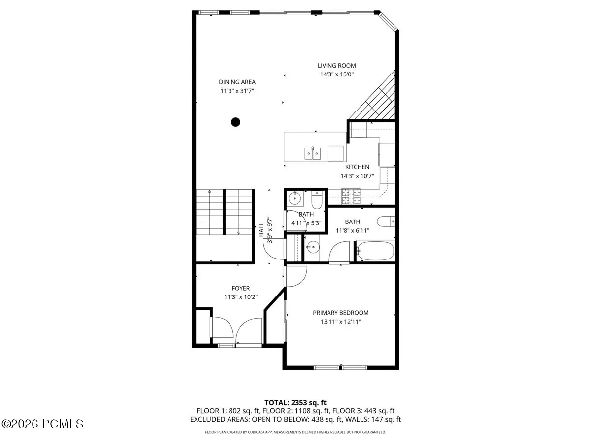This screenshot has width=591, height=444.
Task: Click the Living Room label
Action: tap(336, 66)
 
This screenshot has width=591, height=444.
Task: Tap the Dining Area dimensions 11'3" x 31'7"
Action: tap(237, 91)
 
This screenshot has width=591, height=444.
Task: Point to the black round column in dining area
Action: tap(235, 122)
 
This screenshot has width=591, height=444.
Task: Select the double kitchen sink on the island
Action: tap(313, 153)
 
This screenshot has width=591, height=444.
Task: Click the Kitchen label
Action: tap(357, 167)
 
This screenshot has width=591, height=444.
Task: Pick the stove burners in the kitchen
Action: tap(351, 196)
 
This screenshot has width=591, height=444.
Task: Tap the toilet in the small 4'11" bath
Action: tap(317, 200)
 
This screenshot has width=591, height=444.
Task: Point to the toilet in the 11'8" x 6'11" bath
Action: tap(386, 222)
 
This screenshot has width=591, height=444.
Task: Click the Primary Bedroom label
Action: tap(341, 313)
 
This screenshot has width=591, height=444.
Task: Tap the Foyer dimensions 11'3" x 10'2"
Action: tap(241, 297)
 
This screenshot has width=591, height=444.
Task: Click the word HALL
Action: tap(261, 230)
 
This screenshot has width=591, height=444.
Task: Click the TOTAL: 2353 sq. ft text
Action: tap(295, 403)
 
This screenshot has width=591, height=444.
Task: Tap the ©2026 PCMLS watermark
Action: tap(42, 424)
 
